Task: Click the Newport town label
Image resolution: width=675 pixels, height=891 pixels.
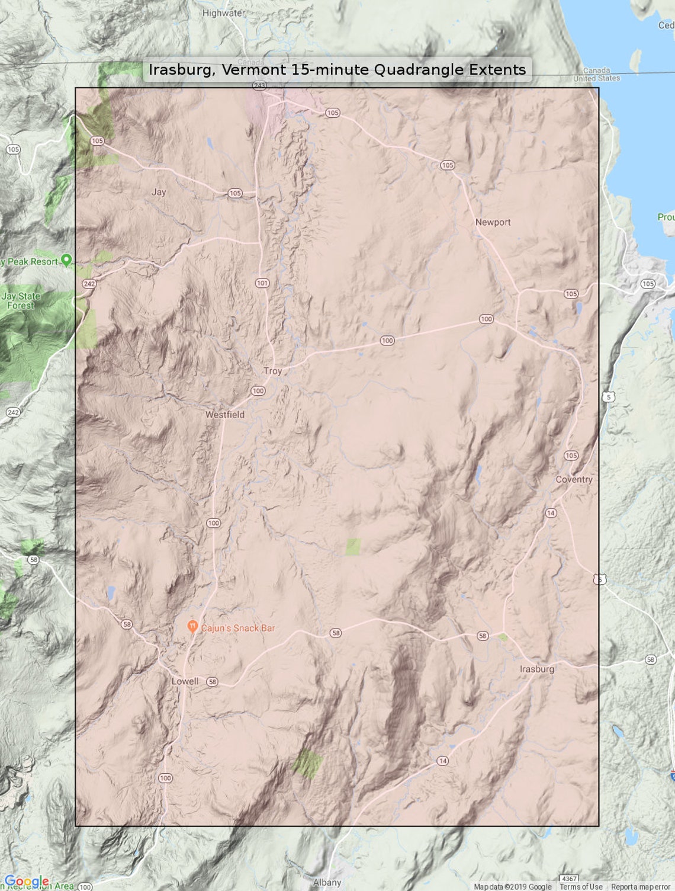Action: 493,222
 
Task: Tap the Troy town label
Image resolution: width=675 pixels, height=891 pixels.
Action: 272,371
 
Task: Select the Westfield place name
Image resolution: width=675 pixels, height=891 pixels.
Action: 225,415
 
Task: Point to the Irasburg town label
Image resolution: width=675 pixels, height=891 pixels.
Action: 537,669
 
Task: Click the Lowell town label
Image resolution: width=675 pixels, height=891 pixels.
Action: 185,681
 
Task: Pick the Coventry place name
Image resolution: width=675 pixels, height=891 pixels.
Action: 574,479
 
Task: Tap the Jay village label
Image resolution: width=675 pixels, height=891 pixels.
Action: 159,192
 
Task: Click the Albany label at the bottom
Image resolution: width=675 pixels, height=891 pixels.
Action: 327,882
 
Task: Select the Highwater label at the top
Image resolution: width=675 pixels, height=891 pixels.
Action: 223,12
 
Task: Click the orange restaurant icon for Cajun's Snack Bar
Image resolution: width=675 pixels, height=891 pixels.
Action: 192,627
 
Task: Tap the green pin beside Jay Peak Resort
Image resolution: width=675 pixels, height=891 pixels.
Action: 66,259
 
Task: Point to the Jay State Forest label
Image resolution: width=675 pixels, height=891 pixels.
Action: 21,301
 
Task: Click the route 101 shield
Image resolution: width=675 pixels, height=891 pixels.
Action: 262,283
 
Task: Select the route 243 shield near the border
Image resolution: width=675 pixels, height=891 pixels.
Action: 259,85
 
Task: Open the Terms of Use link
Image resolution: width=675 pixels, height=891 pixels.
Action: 581,887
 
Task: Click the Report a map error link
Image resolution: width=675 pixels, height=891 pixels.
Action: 641,887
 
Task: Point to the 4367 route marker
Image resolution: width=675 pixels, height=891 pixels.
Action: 569,879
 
